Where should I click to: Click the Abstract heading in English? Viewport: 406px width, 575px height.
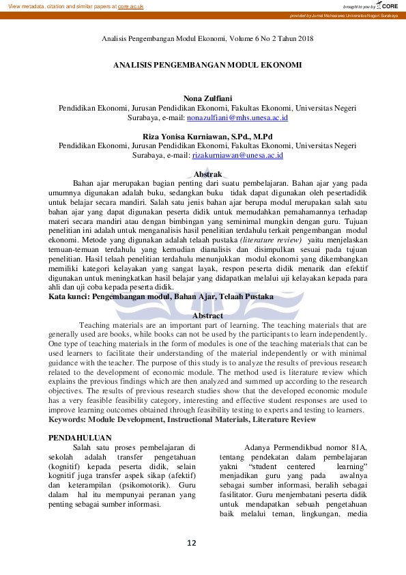tap(207, 315)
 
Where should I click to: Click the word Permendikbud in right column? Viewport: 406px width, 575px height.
tap(296, 447)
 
